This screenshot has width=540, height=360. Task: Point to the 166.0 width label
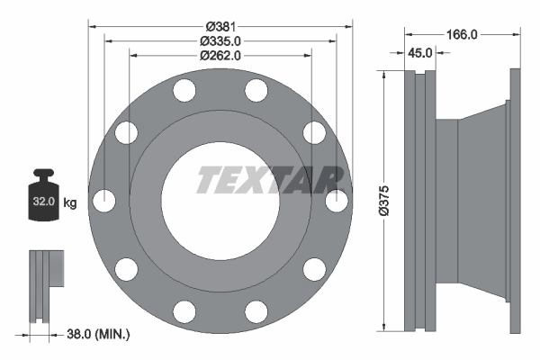pyautogui.click(x=461, y=34)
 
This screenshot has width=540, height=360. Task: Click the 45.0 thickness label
pyautogui.click(x=419, y=53)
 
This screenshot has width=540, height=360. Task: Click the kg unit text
pyautogui.click(x=70, y=202)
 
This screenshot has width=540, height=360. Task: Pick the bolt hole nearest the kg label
pyautogui.click(x=104, y=201)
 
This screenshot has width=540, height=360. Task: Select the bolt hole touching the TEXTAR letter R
pyautogui.click(x=337, y=201)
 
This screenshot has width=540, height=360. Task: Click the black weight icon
pyautogui.click(x=42, y=193)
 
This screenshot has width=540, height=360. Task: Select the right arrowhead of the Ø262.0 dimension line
pyautogui.click(x=308, y=56)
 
